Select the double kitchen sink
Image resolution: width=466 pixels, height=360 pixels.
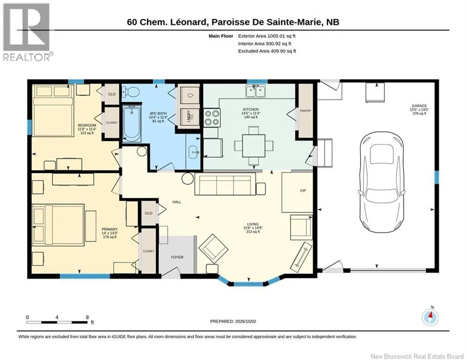click(255, 91)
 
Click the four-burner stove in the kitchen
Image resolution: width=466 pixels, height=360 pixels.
click(212, 118)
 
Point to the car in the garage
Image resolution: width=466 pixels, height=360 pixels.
click(382, 184)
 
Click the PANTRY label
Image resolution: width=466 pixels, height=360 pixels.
click(305, 111)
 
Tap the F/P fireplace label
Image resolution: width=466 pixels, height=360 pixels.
click(303, 191)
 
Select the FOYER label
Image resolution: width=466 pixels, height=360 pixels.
click(177, 257)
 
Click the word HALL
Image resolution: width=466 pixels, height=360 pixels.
click(177, 202)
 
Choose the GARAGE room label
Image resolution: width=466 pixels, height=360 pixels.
click(419, 105)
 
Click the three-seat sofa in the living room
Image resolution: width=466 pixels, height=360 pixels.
click(225, 185)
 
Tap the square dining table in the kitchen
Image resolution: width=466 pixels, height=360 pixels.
click(253, 145)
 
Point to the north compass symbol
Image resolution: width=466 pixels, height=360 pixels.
click(430, 317)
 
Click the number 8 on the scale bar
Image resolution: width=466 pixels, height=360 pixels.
click(88, 317)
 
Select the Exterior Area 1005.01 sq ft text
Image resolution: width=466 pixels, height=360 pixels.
click(266, 36)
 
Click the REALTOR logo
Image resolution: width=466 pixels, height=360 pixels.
click(27, 32)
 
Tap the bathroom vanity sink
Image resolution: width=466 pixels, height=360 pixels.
click(194, 152)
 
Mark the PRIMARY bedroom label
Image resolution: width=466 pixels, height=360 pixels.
click(110, 229)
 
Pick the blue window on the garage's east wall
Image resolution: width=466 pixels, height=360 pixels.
click(436, 178)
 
